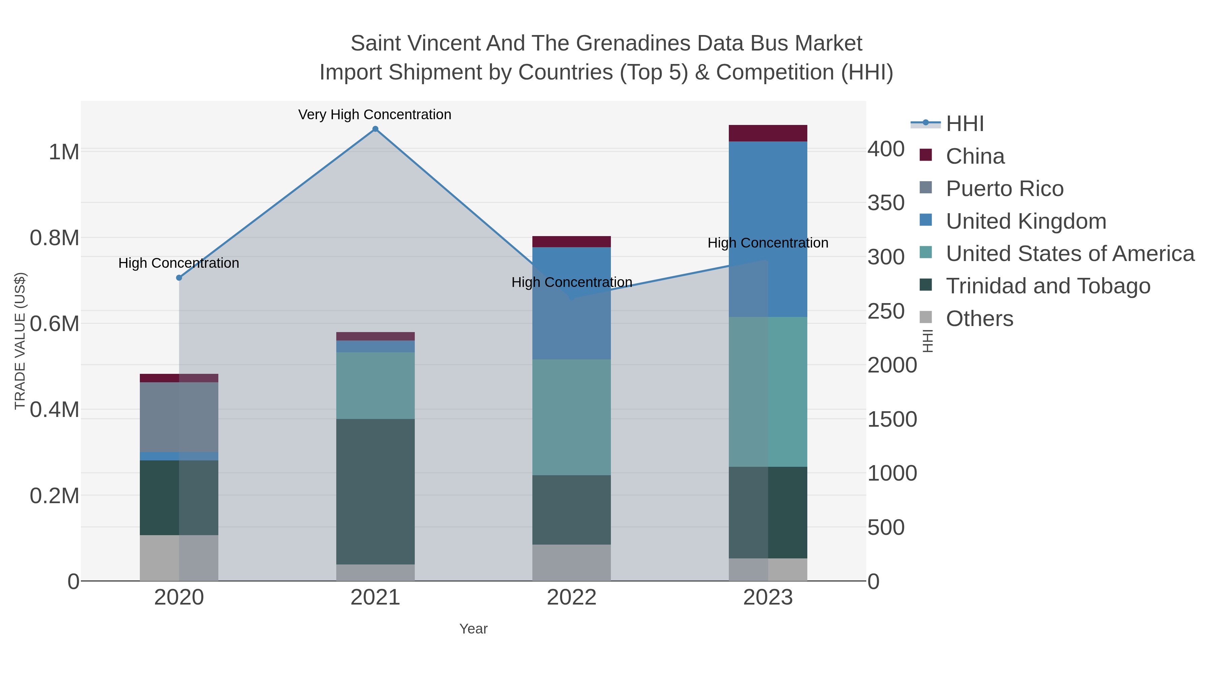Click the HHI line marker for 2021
coord(375,129)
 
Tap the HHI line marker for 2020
coord(179,278)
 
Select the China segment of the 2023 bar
coord(768,133)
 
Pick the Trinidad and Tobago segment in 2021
coord(375,491)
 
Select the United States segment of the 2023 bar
coord(768,392)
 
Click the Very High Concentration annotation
coord(375,115)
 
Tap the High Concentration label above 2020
coord(179,263)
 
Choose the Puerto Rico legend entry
coord(1004,189)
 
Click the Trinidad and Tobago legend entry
coord(1048,286)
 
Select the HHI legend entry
coord(964,124)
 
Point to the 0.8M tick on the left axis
coord(55,238)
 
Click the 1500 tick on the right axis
coord(892,419)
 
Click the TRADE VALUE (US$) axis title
coord(20,341)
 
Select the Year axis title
coord(473,629)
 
